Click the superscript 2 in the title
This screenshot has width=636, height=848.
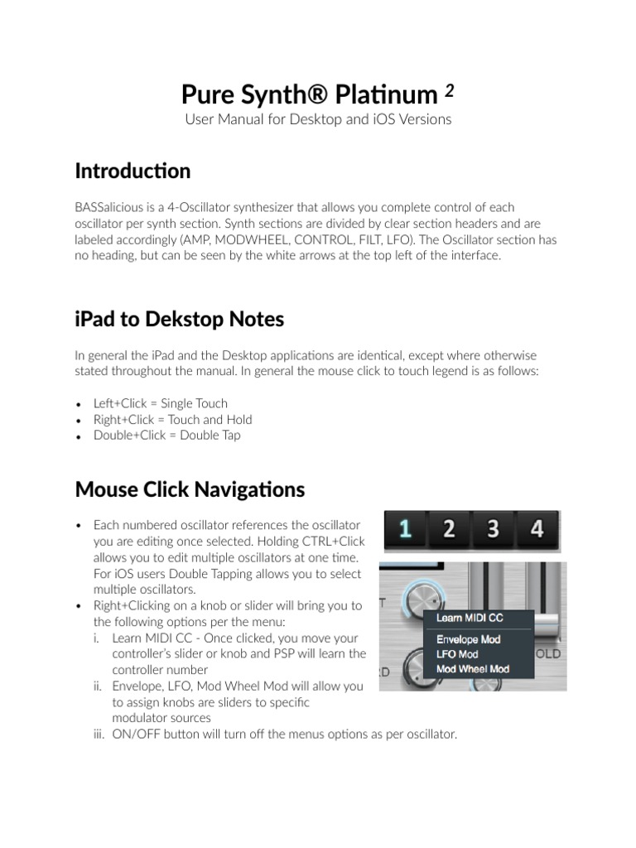(x=447, y=90)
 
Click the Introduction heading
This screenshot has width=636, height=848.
(x=132, y=171)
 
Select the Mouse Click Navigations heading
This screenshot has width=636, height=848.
(x=190, y=489)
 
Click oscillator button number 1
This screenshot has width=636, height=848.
(x=404, y=528)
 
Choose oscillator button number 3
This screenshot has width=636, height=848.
(x=493, y=528)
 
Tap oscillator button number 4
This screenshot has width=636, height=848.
(x=537, y=528)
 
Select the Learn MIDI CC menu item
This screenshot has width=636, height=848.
(x=469, y=617)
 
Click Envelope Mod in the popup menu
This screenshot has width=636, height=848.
(x=472, y=640)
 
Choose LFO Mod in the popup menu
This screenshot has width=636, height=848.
(x=458, y=654)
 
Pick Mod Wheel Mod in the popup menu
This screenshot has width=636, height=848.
(x=472, y=669)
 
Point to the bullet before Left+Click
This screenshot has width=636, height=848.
(x=78, y=405)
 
